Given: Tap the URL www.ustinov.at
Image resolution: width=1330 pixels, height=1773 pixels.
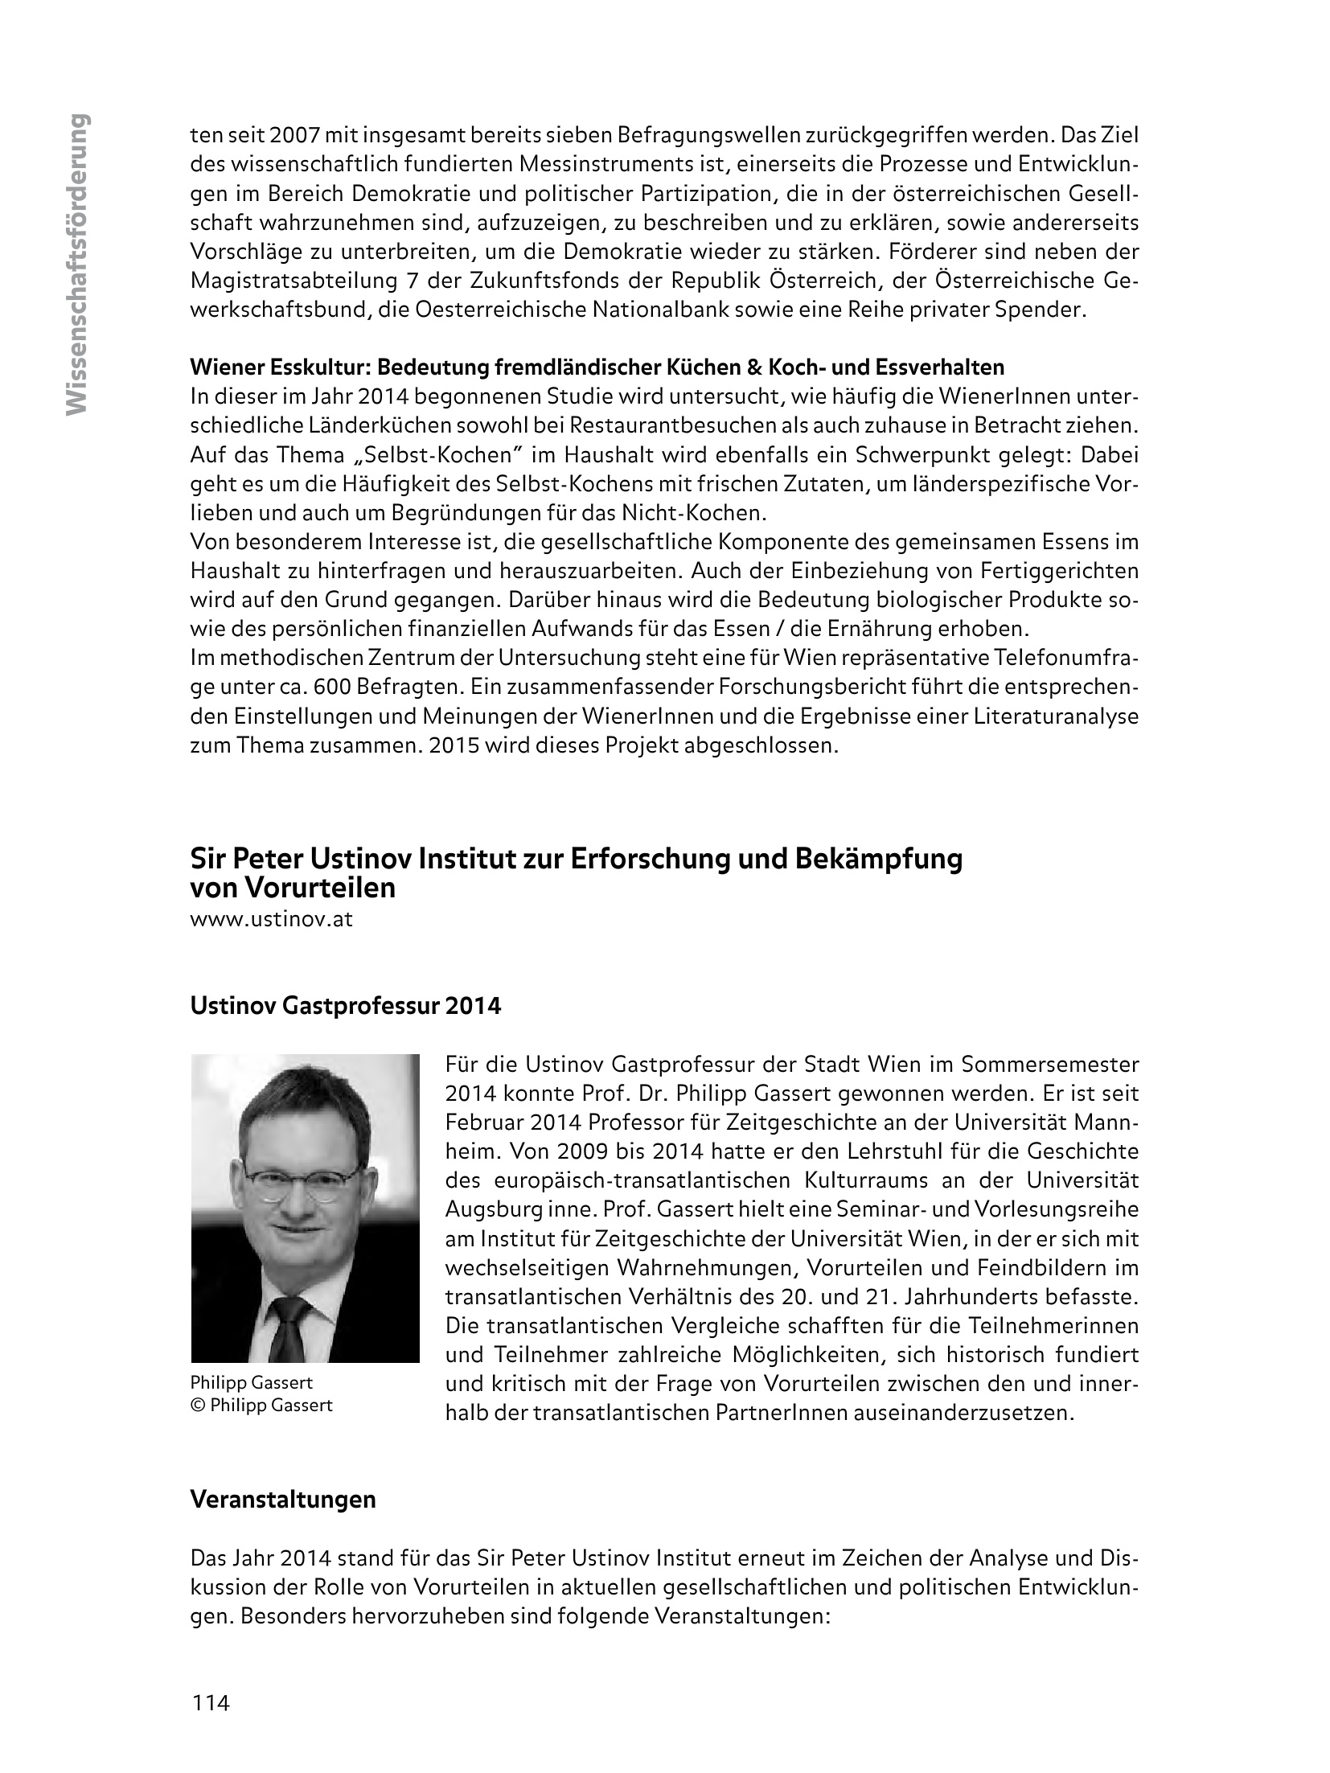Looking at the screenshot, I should [271, 920].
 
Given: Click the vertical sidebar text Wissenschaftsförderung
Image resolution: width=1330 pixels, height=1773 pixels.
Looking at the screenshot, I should [77, 265].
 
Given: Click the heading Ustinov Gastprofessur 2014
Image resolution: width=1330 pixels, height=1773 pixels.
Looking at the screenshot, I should [345, 1006].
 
